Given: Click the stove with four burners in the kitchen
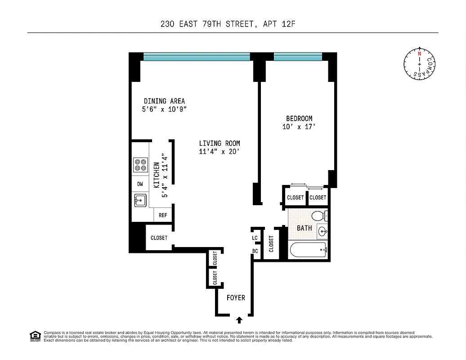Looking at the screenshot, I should (140, 164).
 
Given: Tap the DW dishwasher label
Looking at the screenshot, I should (140, 184).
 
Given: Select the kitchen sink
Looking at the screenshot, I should (140, 200).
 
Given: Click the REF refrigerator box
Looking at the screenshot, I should (163, 216).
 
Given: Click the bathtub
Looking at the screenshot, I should (308, 249).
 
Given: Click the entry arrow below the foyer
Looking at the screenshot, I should (239, 319).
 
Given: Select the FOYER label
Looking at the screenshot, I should (236, 298).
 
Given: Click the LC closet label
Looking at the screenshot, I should (255, 238).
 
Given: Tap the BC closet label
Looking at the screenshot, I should (255, 251).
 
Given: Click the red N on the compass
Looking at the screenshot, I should (419, 54).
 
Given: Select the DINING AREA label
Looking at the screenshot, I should (164, 101).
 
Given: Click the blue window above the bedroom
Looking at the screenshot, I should (298, 57).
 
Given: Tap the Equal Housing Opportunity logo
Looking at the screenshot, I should (35, 336).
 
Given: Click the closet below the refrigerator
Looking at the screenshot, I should (159, 238).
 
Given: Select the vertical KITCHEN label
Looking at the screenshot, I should (156, 175).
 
